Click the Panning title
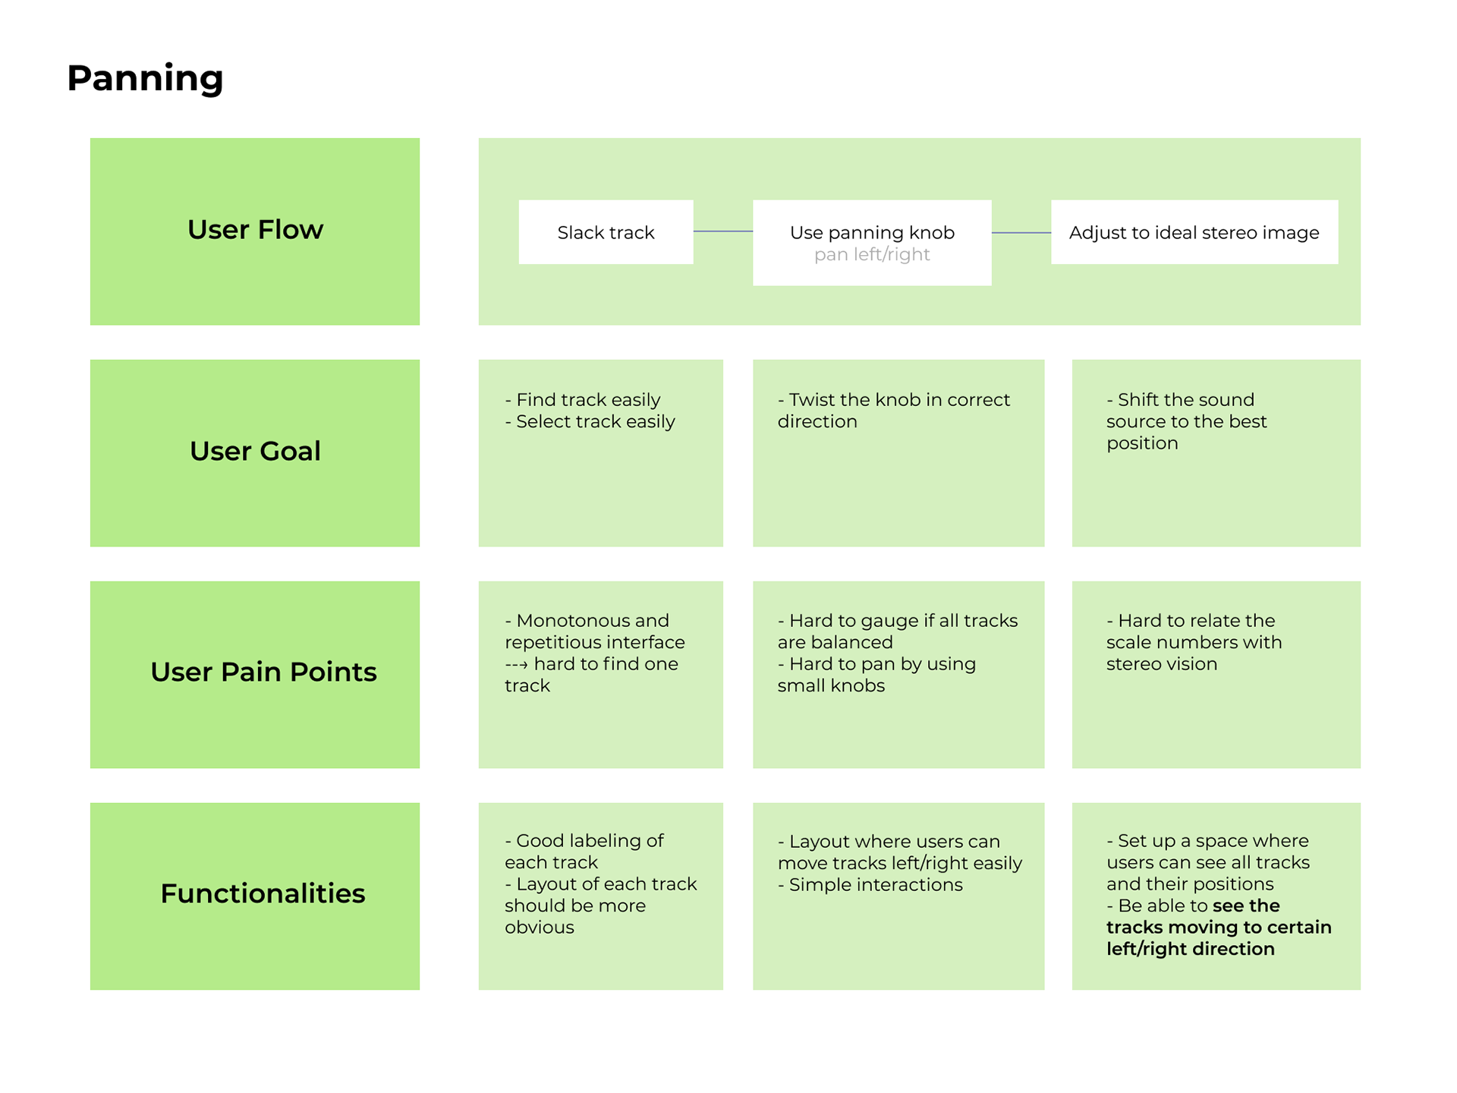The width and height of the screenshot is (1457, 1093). [145, 78]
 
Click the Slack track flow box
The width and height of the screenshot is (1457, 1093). [606, 232]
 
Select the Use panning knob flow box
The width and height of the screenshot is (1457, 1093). [872, 243]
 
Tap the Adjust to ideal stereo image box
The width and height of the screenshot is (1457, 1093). [1194, 232]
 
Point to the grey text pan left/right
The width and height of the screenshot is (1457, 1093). [872, 254]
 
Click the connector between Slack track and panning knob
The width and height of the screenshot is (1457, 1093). [723, 232]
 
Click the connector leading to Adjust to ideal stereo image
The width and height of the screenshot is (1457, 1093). [1021, 232]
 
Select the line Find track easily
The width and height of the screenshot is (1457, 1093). [583, 399]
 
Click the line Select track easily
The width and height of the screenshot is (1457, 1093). [590, 421]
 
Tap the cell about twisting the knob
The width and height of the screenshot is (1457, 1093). [898, 453]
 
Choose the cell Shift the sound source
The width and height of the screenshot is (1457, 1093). [1216, 453]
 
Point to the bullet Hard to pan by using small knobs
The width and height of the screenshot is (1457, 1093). [876, 675]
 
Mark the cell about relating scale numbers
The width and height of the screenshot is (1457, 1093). [1216, 675]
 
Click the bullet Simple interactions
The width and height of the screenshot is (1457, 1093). [870, 884]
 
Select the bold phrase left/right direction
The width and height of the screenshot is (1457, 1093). [1191, 949]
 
